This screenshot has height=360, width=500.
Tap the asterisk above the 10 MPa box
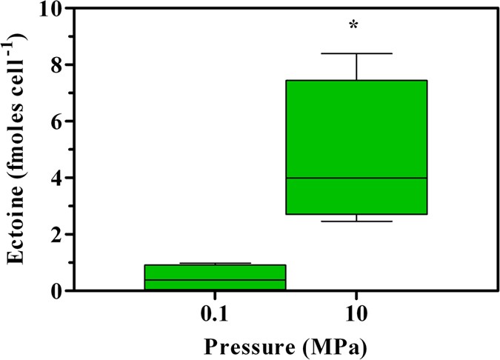pyautogui.click(x=354, y=27)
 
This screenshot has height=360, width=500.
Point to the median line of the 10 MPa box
pyautogui.click(x=356, y=178)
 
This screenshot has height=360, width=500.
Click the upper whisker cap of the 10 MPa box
pyautogui.click(x=356, y=53)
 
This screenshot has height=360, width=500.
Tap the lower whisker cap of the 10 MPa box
pyautogui.click(x=356, y=221)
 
